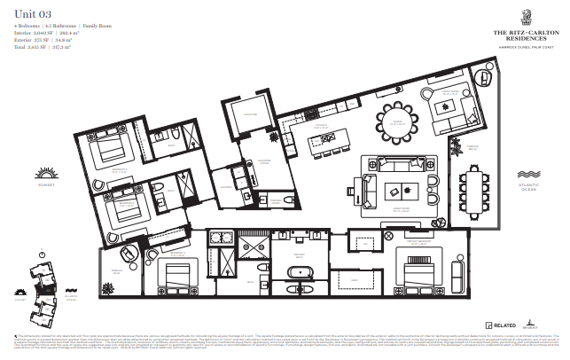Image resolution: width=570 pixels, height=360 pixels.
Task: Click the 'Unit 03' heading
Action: coord(34,12)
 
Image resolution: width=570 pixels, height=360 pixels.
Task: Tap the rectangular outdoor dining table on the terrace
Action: coord(473,191)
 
